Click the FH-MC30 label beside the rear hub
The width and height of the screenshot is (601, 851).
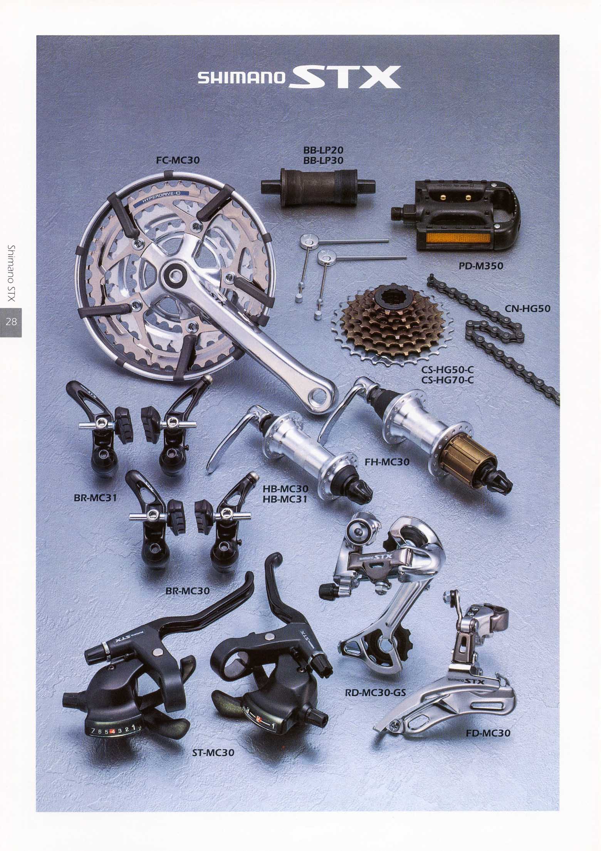[387, 462]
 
